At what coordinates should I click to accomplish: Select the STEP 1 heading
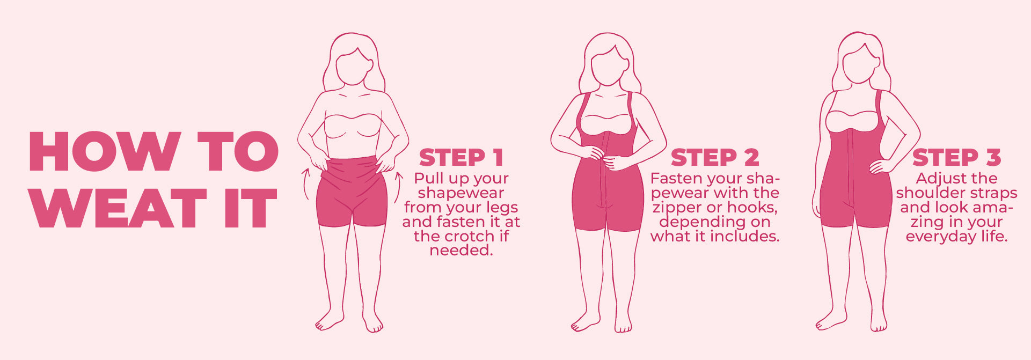click(461, 158)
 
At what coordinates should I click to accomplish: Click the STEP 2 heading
click(715, 158)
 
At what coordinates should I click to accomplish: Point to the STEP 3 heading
click(956, 158)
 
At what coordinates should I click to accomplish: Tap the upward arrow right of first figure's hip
click(398, 187)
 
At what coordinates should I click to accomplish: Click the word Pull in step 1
click(427, 179)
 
